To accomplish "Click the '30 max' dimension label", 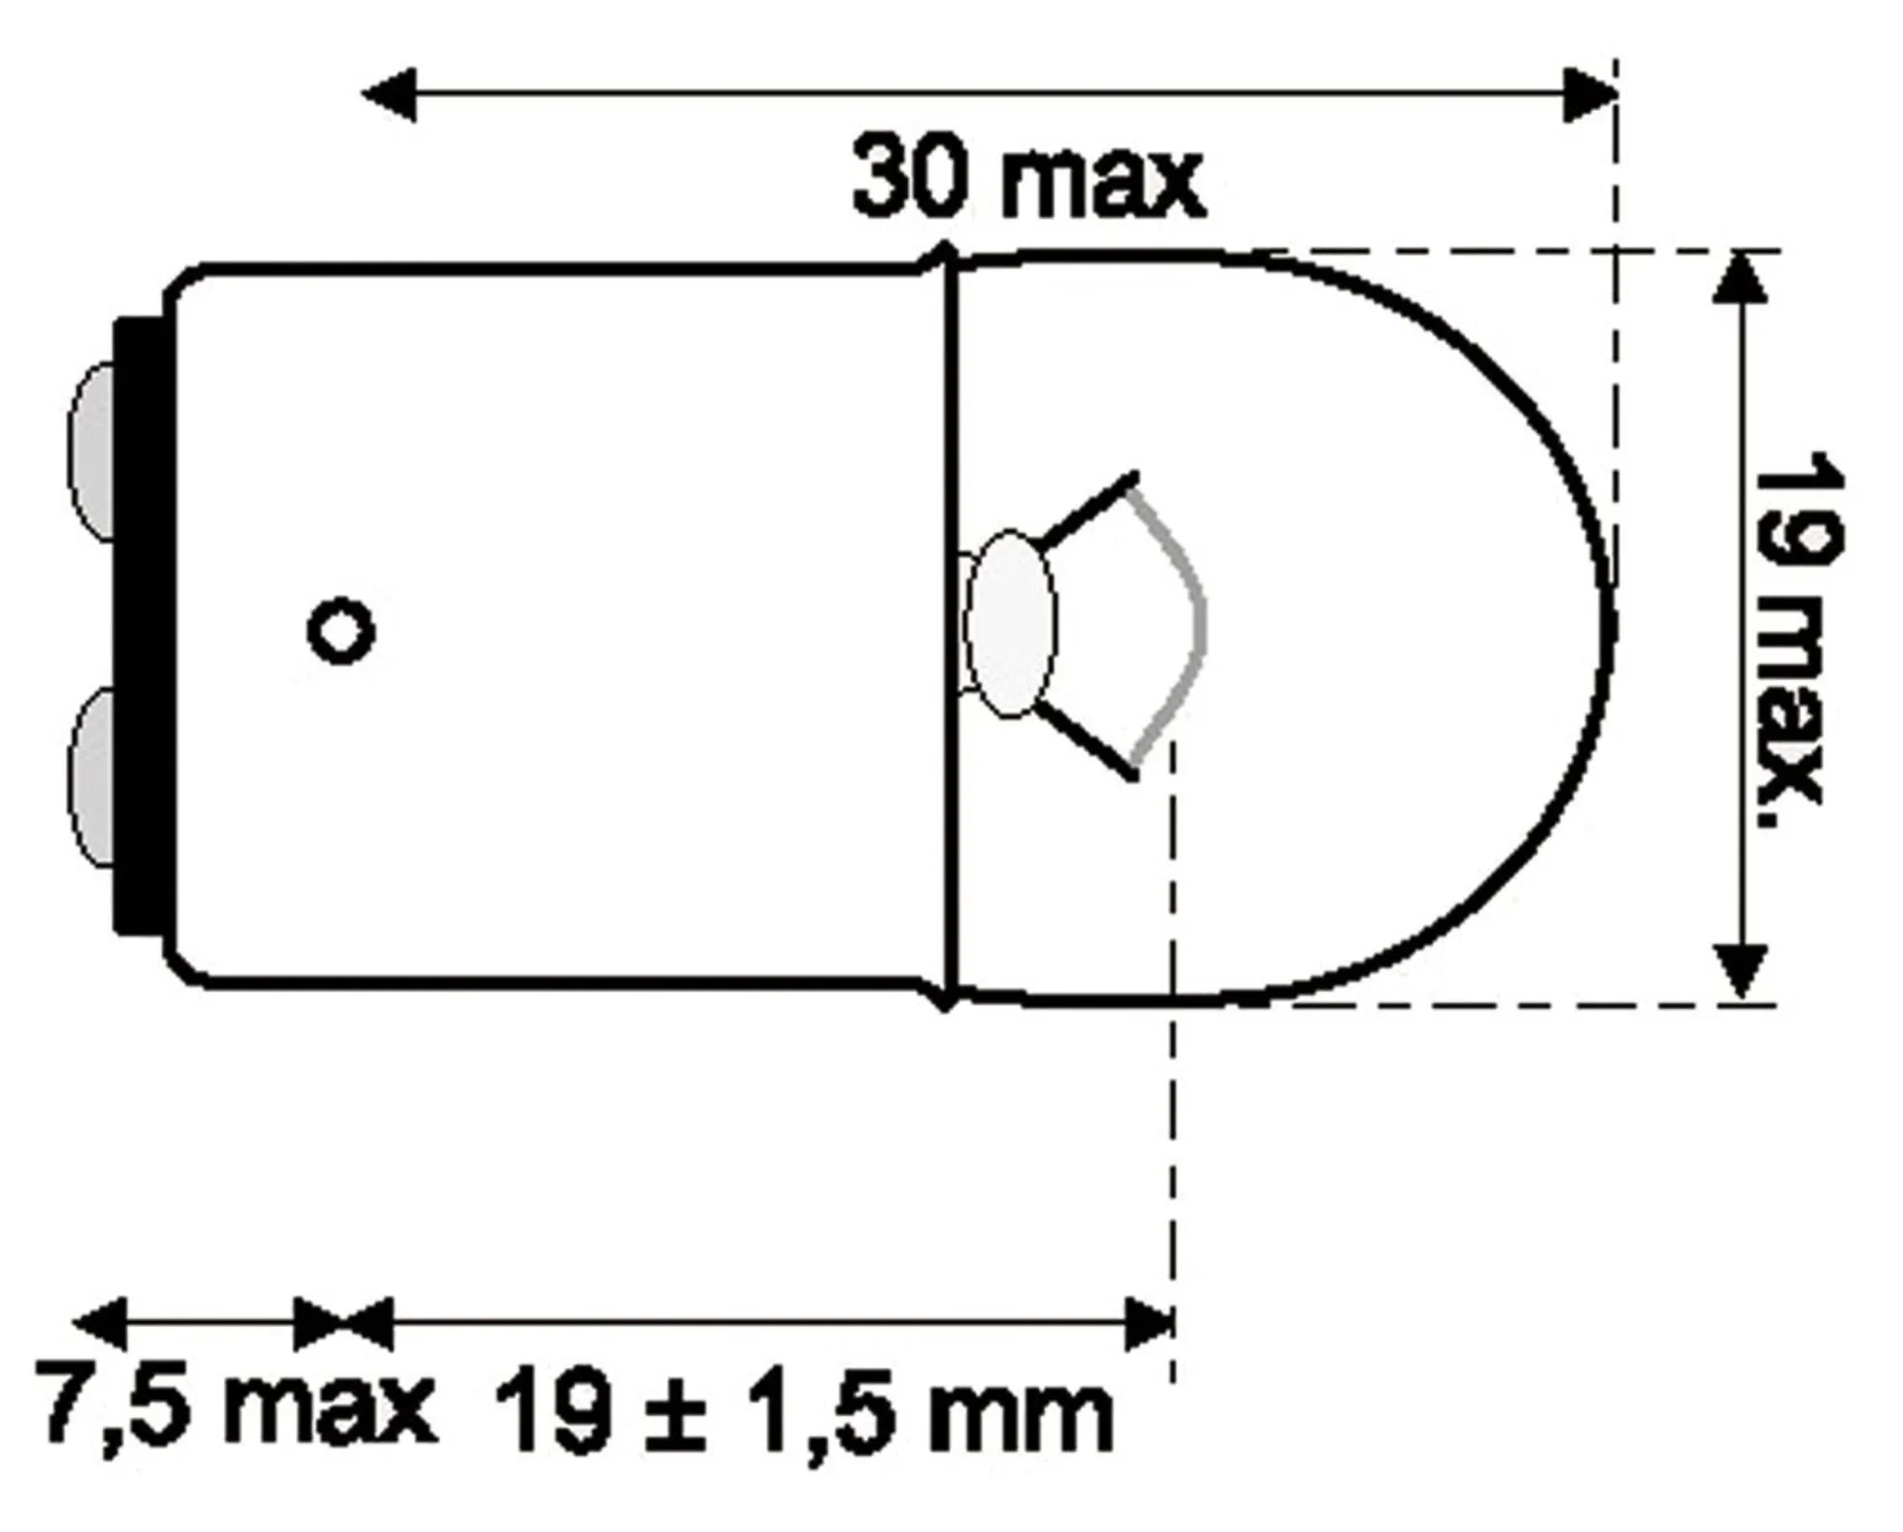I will point(1028,178).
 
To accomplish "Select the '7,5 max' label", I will point(236,1405).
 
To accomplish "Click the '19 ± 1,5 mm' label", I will point(803,1413).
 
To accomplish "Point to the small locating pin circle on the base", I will point(341,630).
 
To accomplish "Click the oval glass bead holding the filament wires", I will point(1010,624).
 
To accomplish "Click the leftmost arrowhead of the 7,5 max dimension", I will point(100,1323).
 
